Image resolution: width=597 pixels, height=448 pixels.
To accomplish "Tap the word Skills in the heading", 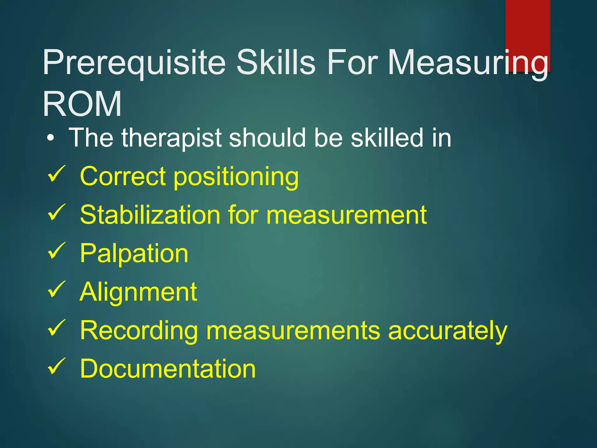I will click(275, 62).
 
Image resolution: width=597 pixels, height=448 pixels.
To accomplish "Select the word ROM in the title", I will click(82, 104).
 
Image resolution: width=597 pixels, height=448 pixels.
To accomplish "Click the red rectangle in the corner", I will click(528, 26).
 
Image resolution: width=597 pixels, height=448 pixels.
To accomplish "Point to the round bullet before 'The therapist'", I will click(51, 138).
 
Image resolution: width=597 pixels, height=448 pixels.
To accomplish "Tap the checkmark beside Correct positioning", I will click(57, 174).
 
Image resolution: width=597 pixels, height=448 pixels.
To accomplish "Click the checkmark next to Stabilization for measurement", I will click(57, 212).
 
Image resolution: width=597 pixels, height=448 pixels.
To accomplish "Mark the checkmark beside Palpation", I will click(57, 251).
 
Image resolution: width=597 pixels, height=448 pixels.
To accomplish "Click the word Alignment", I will click(138, 292).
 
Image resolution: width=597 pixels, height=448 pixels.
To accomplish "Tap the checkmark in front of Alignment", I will click(57, 289).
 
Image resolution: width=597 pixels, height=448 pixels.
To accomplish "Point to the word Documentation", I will click(168, 369).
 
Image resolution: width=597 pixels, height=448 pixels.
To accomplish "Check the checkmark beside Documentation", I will click(57, 366).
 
